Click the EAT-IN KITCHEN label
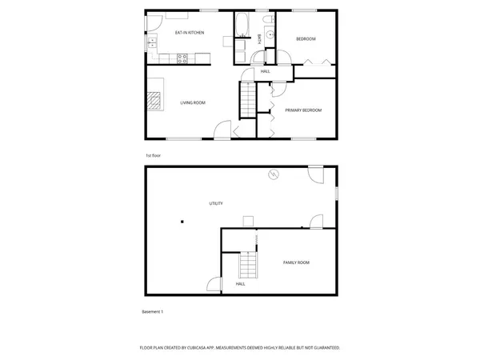190,33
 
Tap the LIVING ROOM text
193,102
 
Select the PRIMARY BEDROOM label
303,110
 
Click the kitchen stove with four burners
182,58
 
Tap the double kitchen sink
152,42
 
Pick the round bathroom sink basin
270,34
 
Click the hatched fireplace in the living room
154,100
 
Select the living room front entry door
223,130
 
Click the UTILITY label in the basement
216,204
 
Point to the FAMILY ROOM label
296,262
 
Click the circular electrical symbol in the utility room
273,174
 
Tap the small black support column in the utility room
182,222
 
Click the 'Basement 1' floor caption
152,311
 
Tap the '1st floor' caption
152,155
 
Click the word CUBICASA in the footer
203,348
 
